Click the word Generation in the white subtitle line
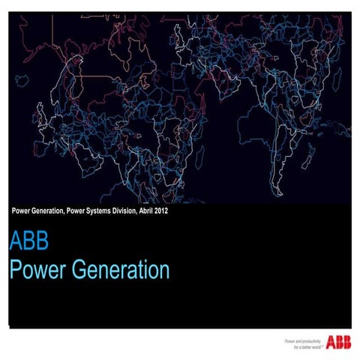(x=51, y=211)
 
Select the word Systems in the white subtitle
(x=102, y=211)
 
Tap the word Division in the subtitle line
(x=133, y=211)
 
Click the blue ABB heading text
(x=28, y=245)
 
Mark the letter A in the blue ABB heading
(x=16, y=245)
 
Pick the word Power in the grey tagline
(x=289, y=340)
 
